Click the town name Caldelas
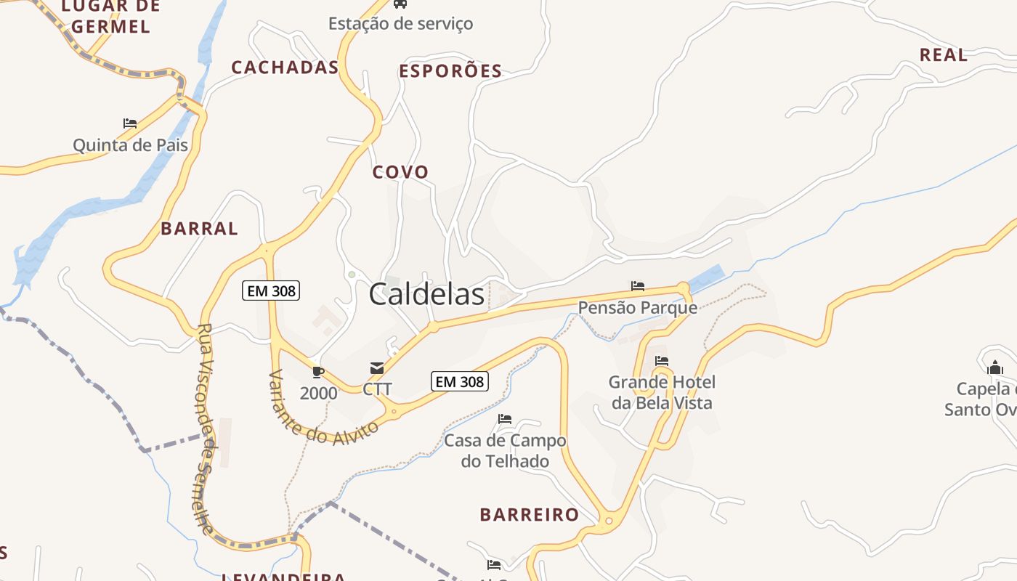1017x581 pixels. [x=426, y=294]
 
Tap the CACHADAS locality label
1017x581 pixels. [x=285, y=68]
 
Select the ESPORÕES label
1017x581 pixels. [x=450, y=70]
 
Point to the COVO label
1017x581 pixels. [x=400, y=172]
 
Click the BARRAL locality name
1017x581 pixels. [x=199, y=228]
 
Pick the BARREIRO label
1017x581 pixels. [x=529, y=515]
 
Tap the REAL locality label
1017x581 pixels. [x=943, y=54]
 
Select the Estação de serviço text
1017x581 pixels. [x=400, y=23]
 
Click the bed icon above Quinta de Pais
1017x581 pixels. [x=130, y=123]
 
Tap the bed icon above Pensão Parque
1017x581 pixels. [x=638, y=286]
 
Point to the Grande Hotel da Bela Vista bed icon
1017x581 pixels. [x=662, y=360]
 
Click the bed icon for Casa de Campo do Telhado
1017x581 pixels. [x=505, y=419]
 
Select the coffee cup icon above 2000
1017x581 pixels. [x=317, y=372]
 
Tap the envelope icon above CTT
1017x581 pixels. [x=377, y=368]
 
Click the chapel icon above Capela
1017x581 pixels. [x=995, y=368]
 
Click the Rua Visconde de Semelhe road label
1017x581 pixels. [x=206, y=428]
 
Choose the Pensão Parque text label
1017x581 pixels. [x=638, y=308]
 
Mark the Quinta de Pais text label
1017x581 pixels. [x=130, y=145]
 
